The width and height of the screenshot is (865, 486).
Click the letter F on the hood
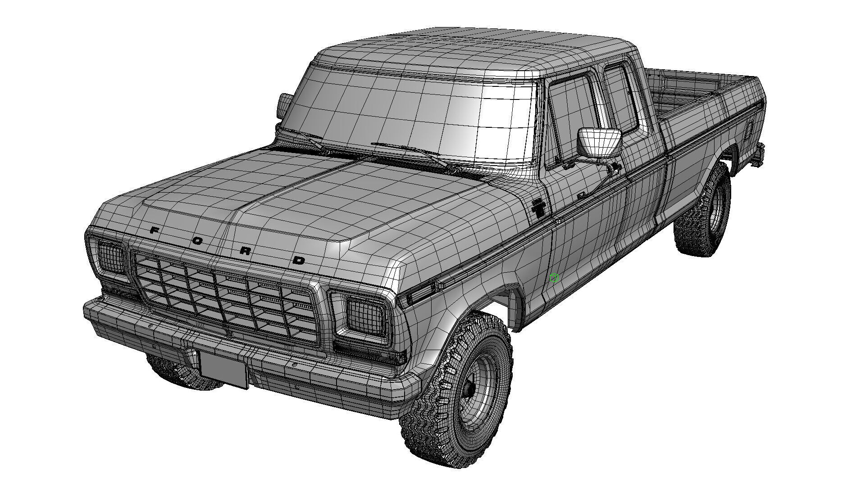pyautogui.click(x=154, y=230)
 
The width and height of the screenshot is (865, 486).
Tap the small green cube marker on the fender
pyautogui.click(x=554, y=278)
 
